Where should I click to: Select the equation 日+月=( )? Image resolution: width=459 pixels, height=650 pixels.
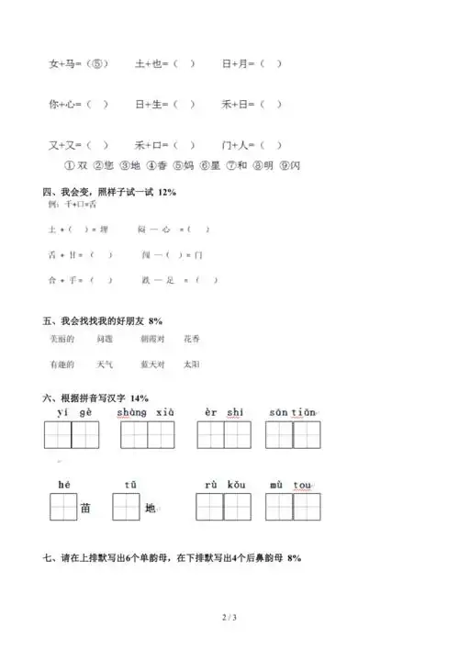tap(252, 63)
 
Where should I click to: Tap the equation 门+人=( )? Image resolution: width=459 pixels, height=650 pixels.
tap(252, 145)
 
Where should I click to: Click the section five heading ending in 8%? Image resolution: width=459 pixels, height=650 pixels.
tap(102, 320)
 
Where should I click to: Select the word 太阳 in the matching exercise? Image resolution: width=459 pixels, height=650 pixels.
tap(192, 364)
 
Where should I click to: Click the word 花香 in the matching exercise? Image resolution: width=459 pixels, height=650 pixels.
tap(192, 339)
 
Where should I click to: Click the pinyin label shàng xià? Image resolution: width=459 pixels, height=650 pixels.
tap(145, 412)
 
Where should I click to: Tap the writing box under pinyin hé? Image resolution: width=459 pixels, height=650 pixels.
tap(63, 506)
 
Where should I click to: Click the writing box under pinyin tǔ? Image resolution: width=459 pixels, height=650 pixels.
tap(126, 506)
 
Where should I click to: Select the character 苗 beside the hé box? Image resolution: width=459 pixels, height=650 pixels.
tap(85, 508)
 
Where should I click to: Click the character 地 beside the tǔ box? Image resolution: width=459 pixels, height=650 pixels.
tap(150, 508)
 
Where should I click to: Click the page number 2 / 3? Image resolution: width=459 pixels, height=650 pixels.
tap(229, 619)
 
